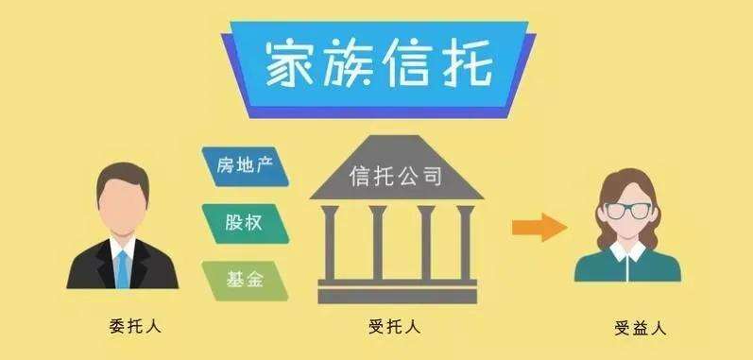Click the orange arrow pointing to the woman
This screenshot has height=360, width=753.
(x=538, y=226)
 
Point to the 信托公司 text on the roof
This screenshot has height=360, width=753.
(x=396, y=175)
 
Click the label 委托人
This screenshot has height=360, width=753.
(x=136, y=327)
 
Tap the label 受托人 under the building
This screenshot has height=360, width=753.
(x=395, y=327)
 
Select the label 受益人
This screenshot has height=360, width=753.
(x=640, y=329)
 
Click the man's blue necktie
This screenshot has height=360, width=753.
(x=122, y=266)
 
